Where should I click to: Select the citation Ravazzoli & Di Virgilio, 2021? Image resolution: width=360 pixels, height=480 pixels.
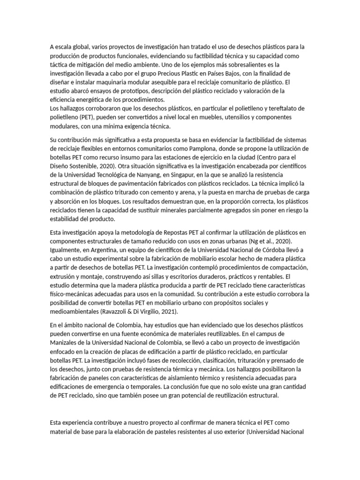pos(135,312)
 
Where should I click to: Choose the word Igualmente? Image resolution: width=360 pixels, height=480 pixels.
pos(66,249)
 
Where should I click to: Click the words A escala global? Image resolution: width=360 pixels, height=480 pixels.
pos(69,46)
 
